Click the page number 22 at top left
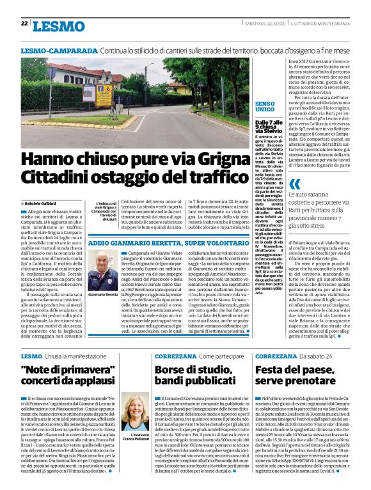23,24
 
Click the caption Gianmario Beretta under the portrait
100,294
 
